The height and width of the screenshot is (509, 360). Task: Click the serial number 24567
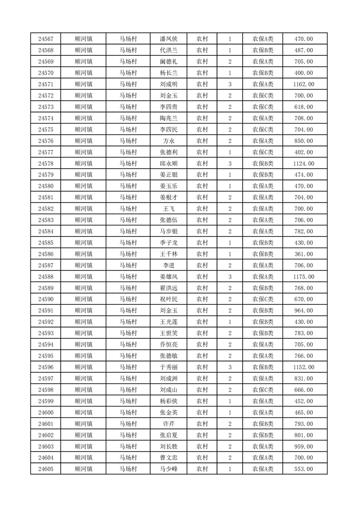click(46, 39)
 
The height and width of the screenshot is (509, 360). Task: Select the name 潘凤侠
click(168, 39)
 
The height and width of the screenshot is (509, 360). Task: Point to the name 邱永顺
click(168, 164)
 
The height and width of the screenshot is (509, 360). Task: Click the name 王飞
click(168, 209)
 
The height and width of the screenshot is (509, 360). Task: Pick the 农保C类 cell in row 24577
click(262, 152)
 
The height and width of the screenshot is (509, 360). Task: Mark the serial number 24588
click(46, 277)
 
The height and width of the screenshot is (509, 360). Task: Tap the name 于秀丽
click(168, 367)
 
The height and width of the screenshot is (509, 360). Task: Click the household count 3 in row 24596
click(230, 367)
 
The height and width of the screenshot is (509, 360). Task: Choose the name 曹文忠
click(168, 458)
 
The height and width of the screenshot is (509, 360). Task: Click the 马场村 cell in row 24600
click(128, 412)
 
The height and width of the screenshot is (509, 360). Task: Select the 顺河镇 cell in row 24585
click(84, 243)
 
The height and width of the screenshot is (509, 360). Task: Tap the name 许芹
click(168, 424)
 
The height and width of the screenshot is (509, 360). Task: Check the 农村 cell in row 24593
click(202, 333)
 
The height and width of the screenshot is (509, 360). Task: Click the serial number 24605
click(46, 469)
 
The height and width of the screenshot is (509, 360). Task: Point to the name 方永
click(168, 141)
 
